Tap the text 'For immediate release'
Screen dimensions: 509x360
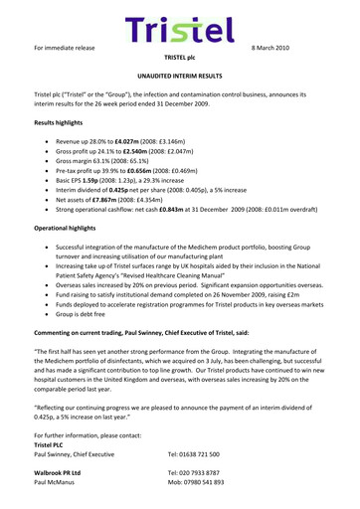click(65, 48)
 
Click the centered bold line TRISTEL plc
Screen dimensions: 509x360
click(179, 59)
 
